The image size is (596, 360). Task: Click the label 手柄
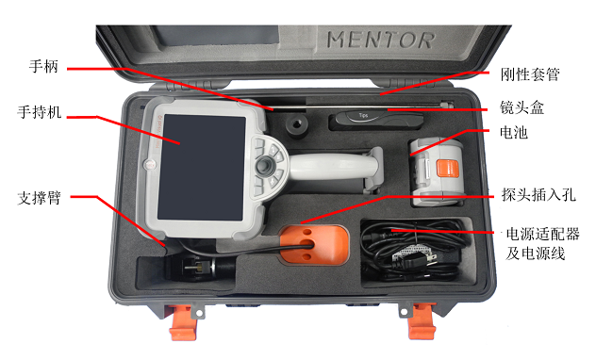point(43,67)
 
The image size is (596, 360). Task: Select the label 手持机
point(40,112)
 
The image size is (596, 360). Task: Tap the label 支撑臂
point(40,198)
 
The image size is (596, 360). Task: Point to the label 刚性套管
point(530,74)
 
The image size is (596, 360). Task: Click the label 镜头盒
point(521,107)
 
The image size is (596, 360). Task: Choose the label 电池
point(514,133)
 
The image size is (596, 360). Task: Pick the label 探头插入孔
point(538,195)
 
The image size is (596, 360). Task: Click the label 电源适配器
point(542,234)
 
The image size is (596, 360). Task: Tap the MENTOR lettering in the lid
point(380,41)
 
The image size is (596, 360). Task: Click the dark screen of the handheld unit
point(202,168)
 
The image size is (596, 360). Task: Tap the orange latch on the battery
point(447,168)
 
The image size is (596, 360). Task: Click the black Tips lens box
point(376,121)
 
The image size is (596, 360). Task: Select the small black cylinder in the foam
point(297,126)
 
